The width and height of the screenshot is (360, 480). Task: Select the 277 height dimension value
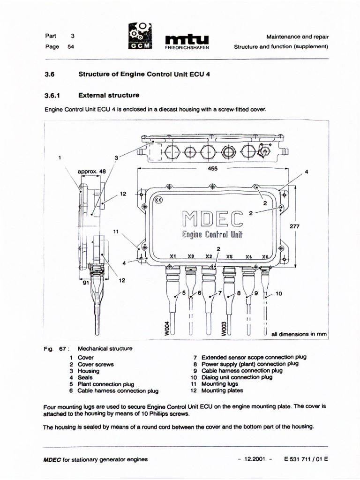point(294,225)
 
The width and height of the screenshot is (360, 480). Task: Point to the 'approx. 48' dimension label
point(92,172)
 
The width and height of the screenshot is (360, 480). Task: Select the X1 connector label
point(172,257)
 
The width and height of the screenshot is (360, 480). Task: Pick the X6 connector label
point(265,257)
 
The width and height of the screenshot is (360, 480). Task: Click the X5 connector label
point(229,257)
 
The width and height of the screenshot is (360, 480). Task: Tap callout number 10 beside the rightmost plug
point(278,295)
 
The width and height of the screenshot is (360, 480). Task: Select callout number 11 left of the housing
point(116,232)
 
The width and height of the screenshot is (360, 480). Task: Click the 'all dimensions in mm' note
point(299,334)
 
